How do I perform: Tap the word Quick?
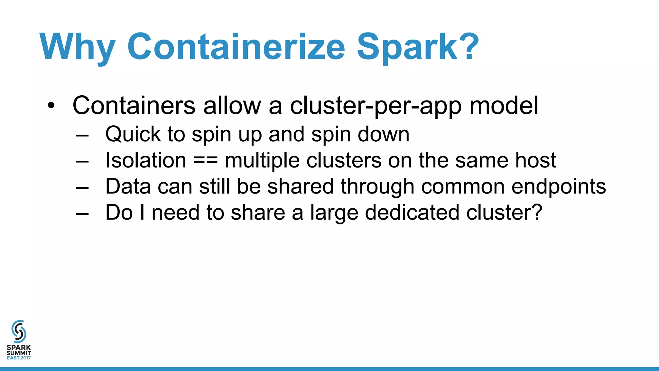click(x=133, y=134)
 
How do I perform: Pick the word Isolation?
click(x=146, y=160)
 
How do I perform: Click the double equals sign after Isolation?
click(x=206, y=161)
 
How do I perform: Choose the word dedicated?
click(x=412, y=213)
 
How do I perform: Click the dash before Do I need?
click(x=82, y=214)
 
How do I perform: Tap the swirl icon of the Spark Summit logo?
click(x=19, y=331)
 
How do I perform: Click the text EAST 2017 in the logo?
click(x=19, y=358)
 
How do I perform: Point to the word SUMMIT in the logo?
click(x=19, y=353)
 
